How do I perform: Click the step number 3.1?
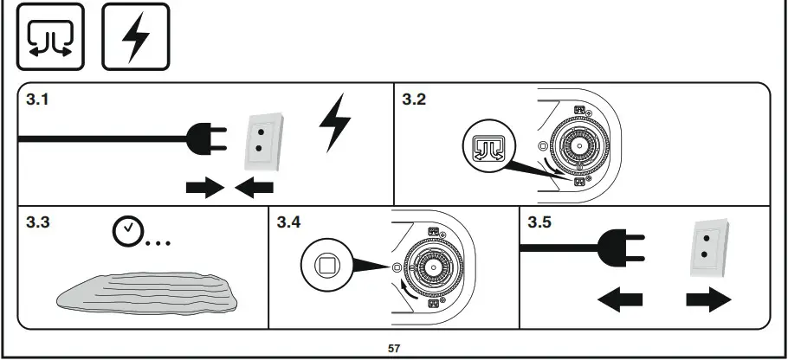click(37, 100)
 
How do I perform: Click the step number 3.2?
click(414, 100)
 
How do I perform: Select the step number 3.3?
click(37, 222)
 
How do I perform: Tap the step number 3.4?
click(289, 222)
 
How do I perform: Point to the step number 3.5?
click(539, 222)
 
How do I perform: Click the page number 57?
click(394, 349)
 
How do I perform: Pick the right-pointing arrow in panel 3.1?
click(204, 188)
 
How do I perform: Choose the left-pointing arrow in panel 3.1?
click(255, 188)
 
